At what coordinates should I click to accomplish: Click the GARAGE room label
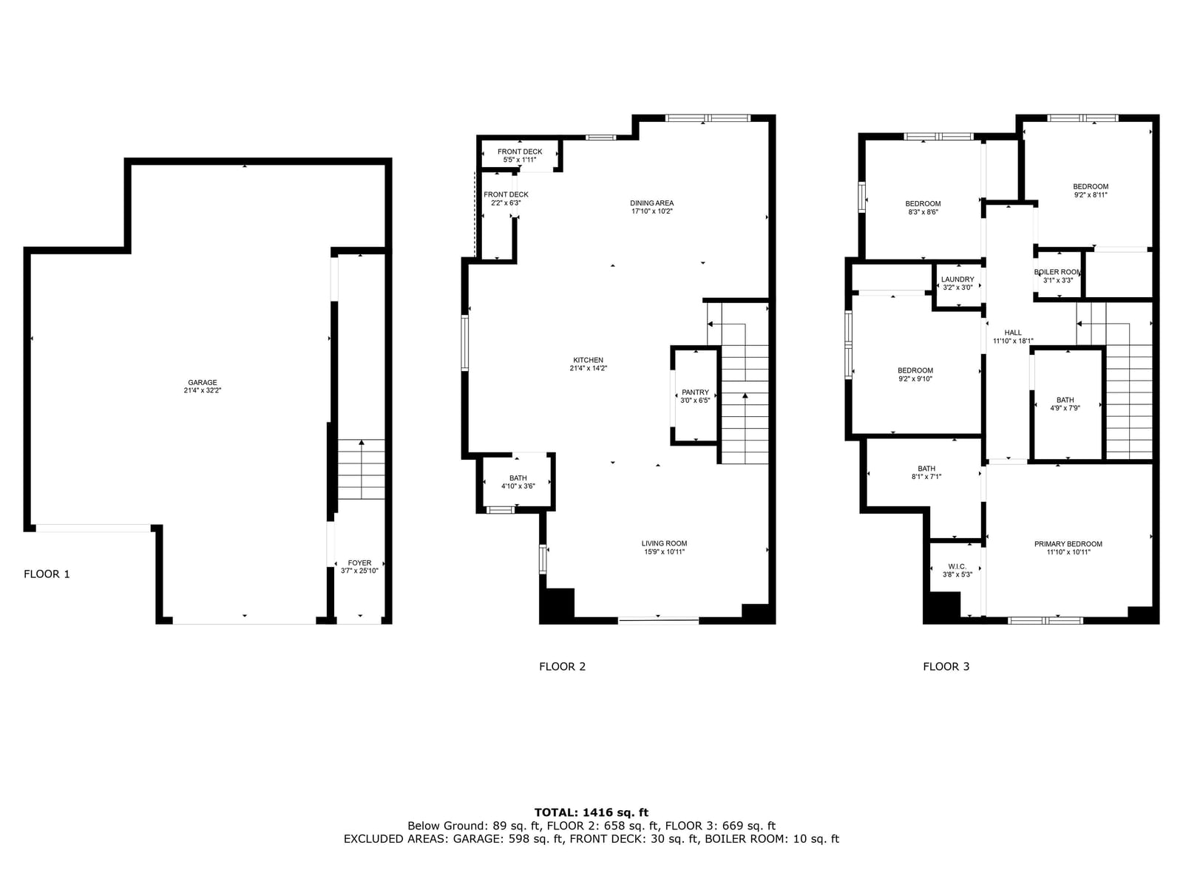click(x=202, y=382)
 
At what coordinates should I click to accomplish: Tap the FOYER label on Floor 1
click(x=359, y=563)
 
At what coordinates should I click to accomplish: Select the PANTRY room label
click(x=695, y=392)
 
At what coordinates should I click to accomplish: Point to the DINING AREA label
click(x=651, y=203)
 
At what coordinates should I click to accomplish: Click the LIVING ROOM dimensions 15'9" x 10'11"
click(x=664, y=551)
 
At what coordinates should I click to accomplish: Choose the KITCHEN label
click(x=588, y=360)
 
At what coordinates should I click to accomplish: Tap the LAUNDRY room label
click(x=957, y=279)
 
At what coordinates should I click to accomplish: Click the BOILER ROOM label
click(x=1057, y=272)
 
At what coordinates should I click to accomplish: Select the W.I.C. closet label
click(x=957, y=566)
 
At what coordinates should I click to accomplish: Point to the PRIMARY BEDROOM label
click(x=1068, y=544)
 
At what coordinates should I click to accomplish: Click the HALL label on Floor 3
click(x=1013, y=333)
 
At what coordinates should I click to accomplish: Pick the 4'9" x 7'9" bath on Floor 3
click(x=1065, y=404)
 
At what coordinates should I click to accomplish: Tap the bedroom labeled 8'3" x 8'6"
click(x=923, y=208)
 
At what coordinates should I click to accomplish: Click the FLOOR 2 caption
click(x=562, y=666)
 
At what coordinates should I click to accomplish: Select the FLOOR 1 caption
click(x=47, y=574)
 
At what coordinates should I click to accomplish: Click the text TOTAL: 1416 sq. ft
click(x=591, y=812)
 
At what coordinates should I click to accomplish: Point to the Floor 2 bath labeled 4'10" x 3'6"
click(x=518, y=482)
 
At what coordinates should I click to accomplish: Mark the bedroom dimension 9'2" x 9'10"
click(x=915, y=378)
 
